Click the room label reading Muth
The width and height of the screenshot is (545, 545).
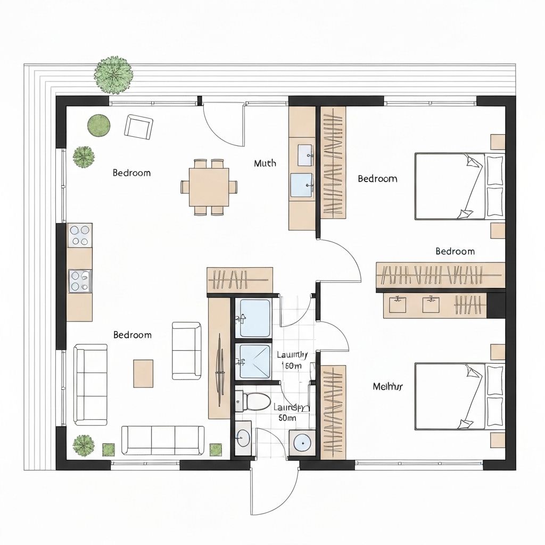click(x=265, y=163)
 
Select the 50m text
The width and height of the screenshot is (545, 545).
click(x=287, y=418)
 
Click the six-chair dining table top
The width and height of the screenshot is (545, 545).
click(x=209, y=187)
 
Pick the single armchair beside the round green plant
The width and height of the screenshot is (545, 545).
click(x=138, y=127)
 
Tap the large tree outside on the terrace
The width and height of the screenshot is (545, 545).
click(x=113, y=75)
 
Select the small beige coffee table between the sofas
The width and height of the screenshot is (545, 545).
click(x=143, y=373)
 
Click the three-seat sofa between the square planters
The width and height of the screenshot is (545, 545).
click(x=162, y=440)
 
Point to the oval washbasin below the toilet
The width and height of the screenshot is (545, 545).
click(x=243, y=439)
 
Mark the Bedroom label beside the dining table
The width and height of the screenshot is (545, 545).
click(x=131, y=173)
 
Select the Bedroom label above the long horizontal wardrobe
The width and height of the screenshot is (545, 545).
click(x=455, y=251)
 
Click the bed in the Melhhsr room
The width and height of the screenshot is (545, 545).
click(x=459, y=396)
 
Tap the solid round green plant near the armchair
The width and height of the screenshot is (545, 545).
click(x=98, y=126)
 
